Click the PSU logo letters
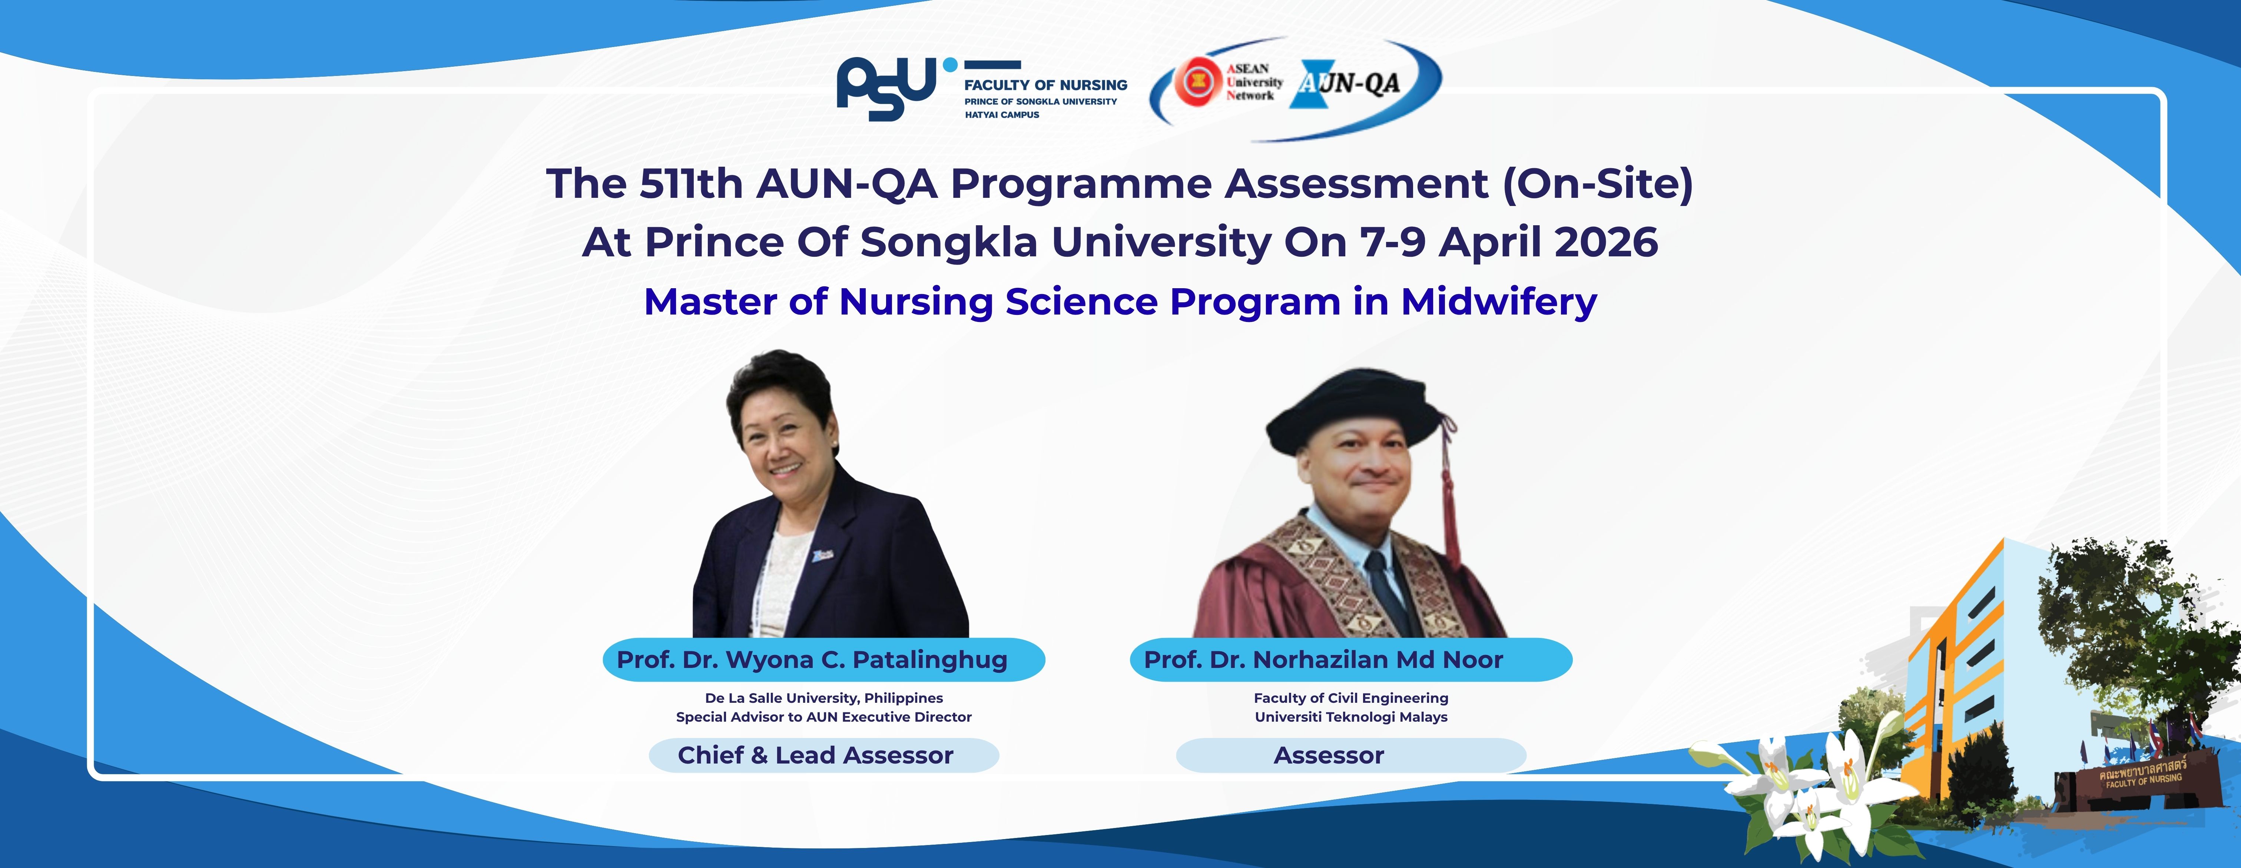click(887, 88)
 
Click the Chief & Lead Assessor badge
click(824, 755)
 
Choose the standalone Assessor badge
click(1351, 755)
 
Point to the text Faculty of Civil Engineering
click(1351, 698)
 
